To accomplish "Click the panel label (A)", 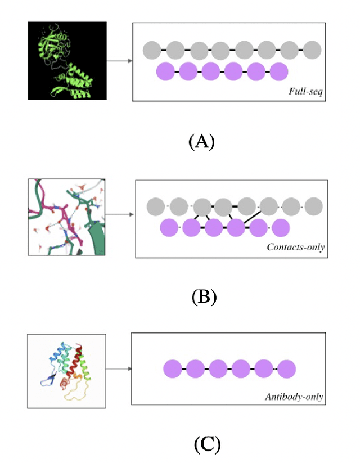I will coord(200,141).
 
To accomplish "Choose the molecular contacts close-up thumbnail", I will coord(67,216).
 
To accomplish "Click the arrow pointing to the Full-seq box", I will coord(119,61).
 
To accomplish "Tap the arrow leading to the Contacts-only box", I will coord(120,214).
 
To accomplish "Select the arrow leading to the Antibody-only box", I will coord(119,370).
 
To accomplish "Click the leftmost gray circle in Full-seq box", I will coord(152,51).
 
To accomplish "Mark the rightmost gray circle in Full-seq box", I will coord(312,51).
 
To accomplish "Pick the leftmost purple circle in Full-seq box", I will coord(165,72).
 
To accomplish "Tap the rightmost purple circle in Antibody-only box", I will coord(286,370).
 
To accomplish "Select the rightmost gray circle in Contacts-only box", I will coord(313,206).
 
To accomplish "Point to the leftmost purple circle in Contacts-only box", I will coord(169,228).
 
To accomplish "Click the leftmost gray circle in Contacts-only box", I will coord(156,206).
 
